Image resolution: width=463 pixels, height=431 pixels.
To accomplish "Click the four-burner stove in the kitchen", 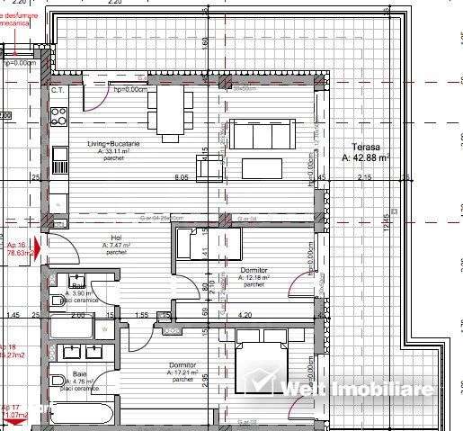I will (x=59, y=116).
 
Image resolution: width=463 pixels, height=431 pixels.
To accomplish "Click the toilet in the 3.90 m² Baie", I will (x=57, y=300).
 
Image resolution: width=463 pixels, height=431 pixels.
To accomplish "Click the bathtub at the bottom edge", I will (x=81, y=416).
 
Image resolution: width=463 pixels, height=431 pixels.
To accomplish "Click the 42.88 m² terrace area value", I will (x=367, y=157).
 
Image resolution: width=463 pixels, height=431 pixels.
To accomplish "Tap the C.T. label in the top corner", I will (x=57, y=91).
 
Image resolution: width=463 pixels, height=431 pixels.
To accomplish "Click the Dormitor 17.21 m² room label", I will (x=183, y=366).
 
